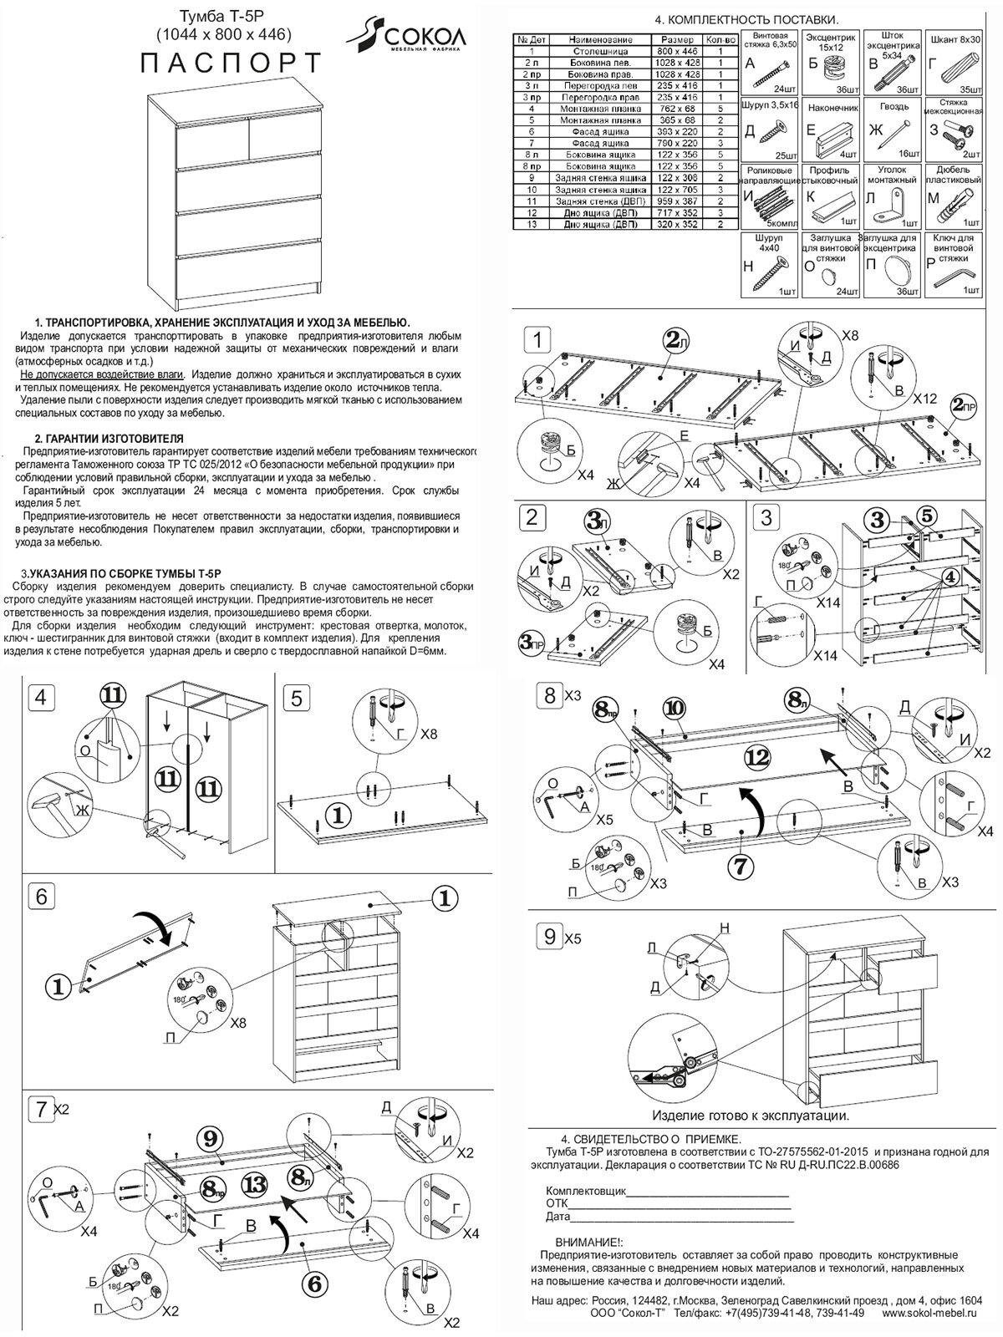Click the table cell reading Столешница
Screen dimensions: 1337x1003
coord(593,51)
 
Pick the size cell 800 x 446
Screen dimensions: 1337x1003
coord(676,51)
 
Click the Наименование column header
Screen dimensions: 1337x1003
coord(593,39)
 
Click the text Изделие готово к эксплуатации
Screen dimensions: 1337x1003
coord(750,1116)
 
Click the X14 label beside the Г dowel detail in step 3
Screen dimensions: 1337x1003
coord(825,656)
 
